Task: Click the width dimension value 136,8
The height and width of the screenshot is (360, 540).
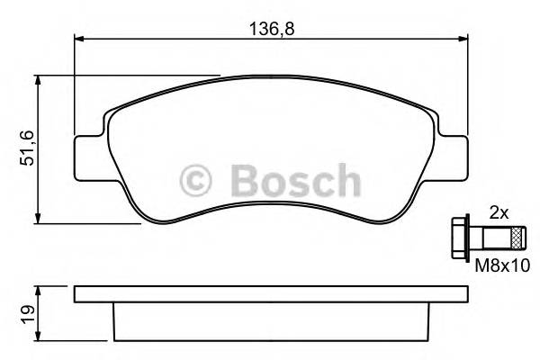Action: click(271, 28)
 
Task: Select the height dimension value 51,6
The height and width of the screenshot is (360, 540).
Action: click(26, 148)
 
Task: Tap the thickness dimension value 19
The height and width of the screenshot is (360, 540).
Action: click(26, 314)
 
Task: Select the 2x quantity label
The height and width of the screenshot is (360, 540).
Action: click(497, 214)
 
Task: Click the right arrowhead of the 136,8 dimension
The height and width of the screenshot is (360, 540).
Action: click(463, 39)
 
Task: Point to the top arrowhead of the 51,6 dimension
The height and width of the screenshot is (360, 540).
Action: click(38, 81)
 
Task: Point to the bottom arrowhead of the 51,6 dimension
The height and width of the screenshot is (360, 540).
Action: click(38, 218)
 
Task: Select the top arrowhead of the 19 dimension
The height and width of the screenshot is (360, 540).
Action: click(38, 291)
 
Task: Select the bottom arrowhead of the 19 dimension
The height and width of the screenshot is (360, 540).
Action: click(38, 339)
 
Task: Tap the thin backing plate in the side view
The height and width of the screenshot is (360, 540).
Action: click(270, 294)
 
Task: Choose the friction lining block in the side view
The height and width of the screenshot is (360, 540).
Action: click(270, 320)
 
